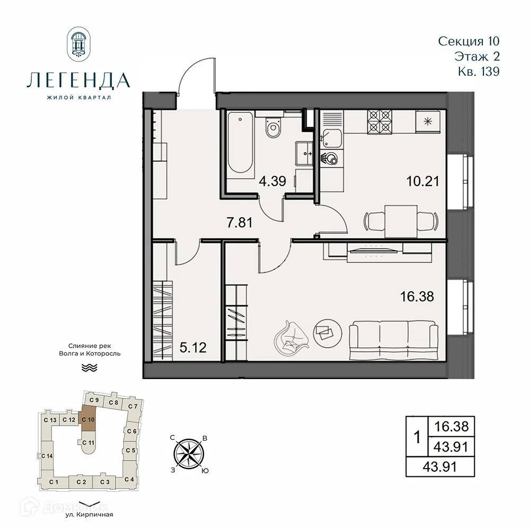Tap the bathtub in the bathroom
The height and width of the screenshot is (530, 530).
241,143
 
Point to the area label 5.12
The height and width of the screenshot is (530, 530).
193,348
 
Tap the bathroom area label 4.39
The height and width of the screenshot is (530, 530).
272,181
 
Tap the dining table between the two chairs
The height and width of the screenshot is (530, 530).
401,219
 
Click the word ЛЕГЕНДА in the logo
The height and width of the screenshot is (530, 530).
77,80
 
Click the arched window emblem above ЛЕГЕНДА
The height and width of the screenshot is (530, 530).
78,45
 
